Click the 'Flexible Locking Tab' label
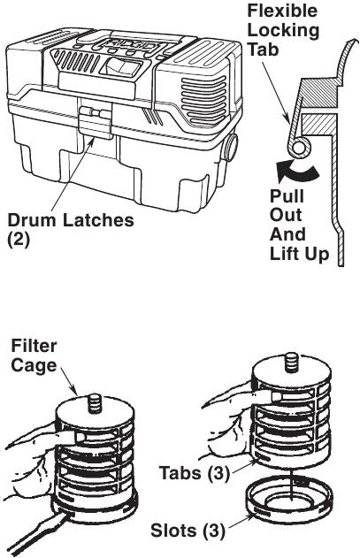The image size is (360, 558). tap(282, 30)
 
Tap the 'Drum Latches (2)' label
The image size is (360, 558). tap(71, 230)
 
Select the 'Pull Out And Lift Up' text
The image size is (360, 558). tap(298, 225)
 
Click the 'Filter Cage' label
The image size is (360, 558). tap(34, 355)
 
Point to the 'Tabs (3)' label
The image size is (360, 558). tap(194, 473)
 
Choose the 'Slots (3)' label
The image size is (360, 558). tap(188, 531)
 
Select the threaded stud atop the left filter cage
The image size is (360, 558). tap(95, 402)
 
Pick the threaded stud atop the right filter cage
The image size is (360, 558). tap(291, 362)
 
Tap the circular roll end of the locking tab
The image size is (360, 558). tap(298, 148)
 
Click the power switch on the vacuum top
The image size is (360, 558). tap(119, 66)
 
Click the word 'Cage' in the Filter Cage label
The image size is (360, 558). tap(34, 365)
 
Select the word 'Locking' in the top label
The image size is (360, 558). tap(283, 30)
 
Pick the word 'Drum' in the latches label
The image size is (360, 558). tap(32, 220)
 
